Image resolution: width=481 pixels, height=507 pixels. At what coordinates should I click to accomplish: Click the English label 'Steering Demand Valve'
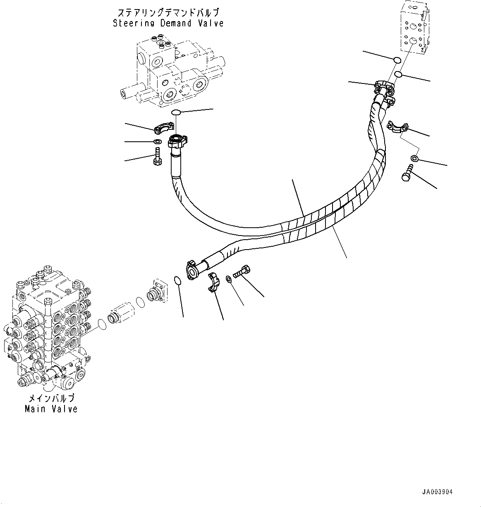[x=168, y=23]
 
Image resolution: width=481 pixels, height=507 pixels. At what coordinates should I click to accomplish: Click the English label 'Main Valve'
[x=51, y=409]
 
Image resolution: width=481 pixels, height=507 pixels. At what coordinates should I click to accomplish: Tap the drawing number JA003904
[x=437, y=492]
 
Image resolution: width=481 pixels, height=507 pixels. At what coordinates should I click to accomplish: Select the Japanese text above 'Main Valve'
[x=51, y=399]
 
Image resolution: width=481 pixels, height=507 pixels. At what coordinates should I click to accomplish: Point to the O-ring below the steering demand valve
[x=176, y=112]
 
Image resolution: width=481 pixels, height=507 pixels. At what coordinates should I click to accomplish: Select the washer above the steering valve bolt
[x=158, y=142]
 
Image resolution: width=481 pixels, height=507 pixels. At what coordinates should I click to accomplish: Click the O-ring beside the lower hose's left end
[x=178, y=281]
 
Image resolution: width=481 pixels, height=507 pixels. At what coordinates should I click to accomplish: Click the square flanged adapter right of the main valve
[x=157, y=291]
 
